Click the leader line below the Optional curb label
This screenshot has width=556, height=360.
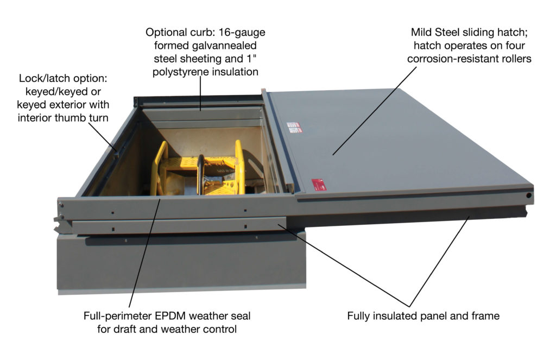click(x=200, y=92)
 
